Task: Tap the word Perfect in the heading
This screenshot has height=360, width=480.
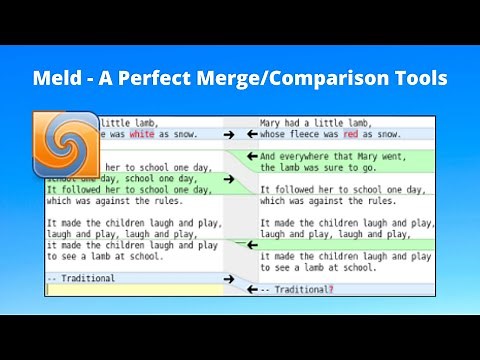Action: [179, 77]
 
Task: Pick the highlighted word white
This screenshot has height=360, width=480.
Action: [142, 134]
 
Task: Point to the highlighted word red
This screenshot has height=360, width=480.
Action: [350, 134]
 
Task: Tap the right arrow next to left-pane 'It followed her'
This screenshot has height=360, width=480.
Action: [230, 180]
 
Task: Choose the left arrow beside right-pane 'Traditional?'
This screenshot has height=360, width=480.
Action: [253, 290]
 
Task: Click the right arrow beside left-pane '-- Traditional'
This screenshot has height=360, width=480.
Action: [230, 278]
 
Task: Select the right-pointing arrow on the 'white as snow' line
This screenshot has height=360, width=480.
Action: [230, 134]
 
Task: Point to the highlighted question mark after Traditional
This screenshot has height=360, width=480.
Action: [331, 290]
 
